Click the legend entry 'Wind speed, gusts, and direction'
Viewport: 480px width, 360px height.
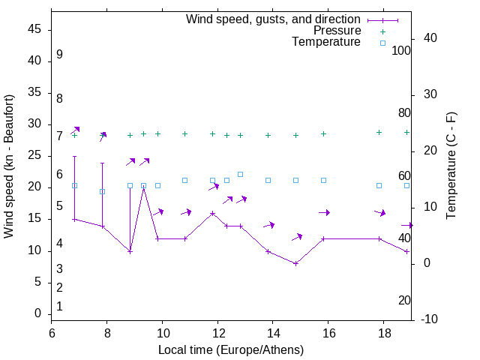[x=273, y=19]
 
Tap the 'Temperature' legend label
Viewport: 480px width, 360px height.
[x=326, y=42]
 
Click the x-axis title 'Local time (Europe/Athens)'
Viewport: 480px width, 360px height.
[x=231, y=350]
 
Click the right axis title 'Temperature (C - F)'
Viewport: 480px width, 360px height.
[x=451, y=166]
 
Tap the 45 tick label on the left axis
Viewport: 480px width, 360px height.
[x=34, y=29]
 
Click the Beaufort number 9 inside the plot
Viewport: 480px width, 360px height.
[x=59, y=55]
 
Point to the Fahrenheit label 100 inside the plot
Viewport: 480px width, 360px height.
[x=401, y=51]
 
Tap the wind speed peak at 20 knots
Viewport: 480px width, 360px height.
[x=143, y=188]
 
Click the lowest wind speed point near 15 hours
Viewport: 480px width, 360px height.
[x=295, y=263]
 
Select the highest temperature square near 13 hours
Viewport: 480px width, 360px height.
[x=240, y=174]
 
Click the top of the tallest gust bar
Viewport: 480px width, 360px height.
[x=74, y=157]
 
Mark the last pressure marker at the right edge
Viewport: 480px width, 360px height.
[x=406, y=132]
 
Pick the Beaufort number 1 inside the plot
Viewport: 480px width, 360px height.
[x=59, y=306]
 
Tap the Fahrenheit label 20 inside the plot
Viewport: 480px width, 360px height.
[x=404, y=300]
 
